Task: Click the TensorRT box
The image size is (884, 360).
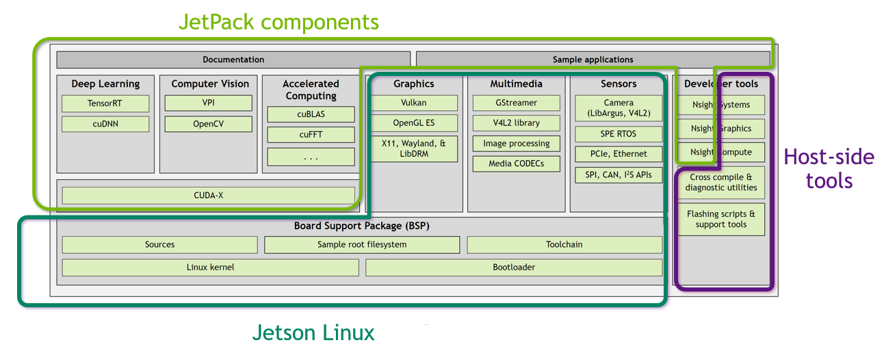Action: point(105,104)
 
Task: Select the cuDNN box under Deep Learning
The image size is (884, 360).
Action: point(105,124)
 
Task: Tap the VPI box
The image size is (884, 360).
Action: point(208,103)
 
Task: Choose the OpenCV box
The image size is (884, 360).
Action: point(208,124)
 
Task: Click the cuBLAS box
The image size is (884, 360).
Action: point(311,114)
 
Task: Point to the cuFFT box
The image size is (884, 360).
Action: point(311,135)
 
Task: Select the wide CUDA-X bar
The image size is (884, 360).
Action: point(208,195)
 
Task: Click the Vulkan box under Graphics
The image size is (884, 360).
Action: point(413,103)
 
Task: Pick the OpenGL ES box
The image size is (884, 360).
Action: point(413,123)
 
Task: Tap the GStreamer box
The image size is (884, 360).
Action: point(516,103)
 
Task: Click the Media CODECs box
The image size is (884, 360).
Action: point(516,164)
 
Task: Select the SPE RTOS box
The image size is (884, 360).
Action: point(619,134)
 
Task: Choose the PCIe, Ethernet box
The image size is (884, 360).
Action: point(619,154)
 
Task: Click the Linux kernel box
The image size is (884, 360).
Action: point(210,268)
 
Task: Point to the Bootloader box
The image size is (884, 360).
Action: point(514,268)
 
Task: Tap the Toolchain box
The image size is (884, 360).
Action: point(564,244)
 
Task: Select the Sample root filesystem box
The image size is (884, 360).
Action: point(362,244)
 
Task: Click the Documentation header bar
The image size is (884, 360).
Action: point(233,60)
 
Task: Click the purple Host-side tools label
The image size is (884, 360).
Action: point(829,168)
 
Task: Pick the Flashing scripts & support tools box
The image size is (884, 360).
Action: point(720,219)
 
